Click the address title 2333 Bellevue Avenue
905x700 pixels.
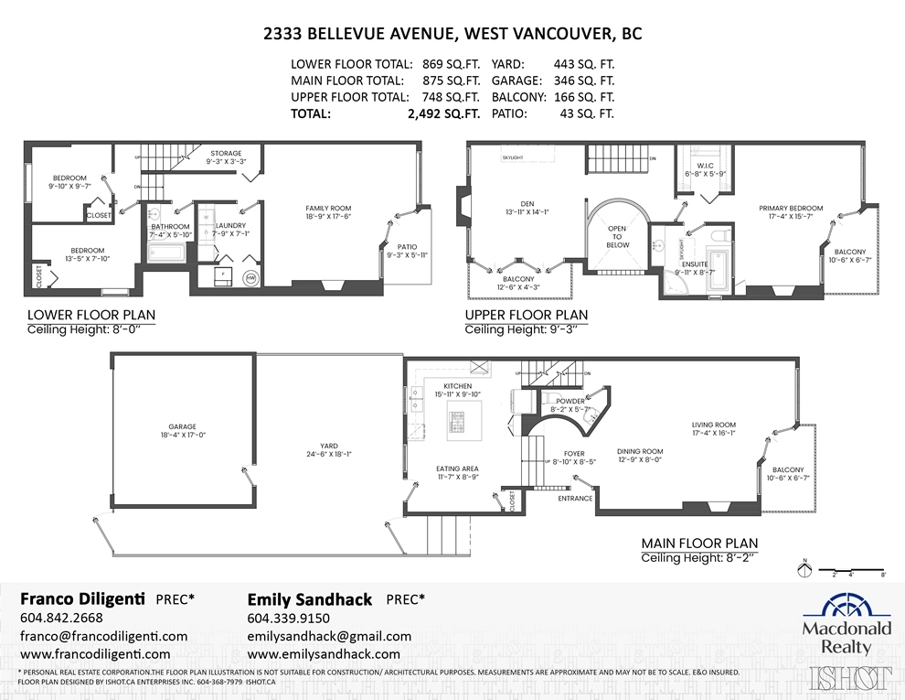tap(452, 34)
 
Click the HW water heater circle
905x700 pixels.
tap(250, 277)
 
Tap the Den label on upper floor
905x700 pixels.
tap(520, 208)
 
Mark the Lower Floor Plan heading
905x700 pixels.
tap(91, 315)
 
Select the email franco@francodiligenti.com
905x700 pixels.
tap(104, 636)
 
